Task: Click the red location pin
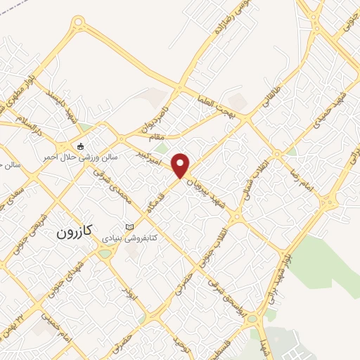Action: click(181, 164)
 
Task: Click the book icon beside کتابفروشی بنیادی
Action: click(129, 226)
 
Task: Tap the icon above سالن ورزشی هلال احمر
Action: click(81, 146)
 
